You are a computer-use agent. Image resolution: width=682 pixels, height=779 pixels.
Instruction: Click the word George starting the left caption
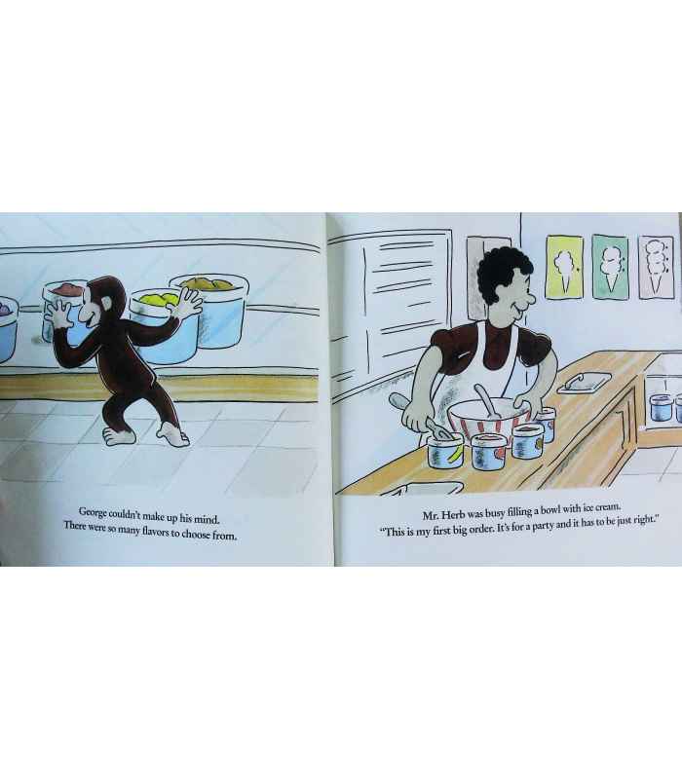click(x=93, y=512)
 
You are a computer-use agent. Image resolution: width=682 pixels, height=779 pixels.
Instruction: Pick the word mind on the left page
click(x=206, y=520)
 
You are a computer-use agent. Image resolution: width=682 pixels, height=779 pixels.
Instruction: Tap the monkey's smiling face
click(x=91, y=311)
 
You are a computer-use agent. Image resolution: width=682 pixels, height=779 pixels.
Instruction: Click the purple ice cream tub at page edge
click(x=8, y=328)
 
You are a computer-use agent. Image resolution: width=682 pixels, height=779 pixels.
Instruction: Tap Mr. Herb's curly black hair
click(x=503, y=271)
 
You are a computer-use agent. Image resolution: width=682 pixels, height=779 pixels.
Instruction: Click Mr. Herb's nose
click(x=529, y=299)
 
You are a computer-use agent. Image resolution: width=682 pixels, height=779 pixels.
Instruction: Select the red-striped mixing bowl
click(x=488, y=419)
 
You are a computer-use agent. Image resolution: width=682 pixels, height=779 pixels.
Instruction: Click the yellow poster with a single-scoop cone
click(x=564, y=267)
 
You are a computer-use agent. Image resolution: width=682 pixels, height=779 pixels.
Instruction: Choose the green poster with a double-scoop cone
click(x=610, y=267)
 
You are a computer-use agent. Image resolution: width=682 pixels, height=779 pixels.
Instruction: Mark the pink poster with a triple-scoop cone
click(x=656, y=267)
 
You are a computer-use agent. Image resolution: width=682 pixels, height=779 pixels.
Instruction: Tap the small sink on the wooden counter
click(x=584, y=383)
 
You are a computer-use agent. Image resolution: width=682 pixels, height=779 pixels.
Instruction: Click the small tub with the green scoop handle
click(x=445, y=451)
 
